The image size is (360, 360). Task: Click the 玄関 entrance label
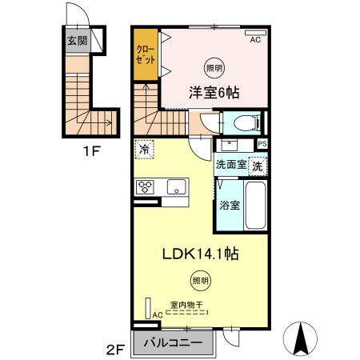pos(77,41)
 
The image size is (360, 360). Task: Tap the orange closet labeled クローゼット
pos(146,54)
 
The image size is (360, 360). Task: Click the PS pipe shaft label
pos(262,144)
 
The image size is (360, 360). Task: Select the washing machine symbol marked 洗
pos(258,166)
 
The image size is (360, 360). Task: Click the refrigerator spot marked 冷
pos(144,149)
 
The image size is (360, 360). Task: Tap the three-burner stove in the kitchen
pos(145,188)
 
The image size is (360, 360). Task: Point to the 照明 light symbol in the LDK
pos(202,280)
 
